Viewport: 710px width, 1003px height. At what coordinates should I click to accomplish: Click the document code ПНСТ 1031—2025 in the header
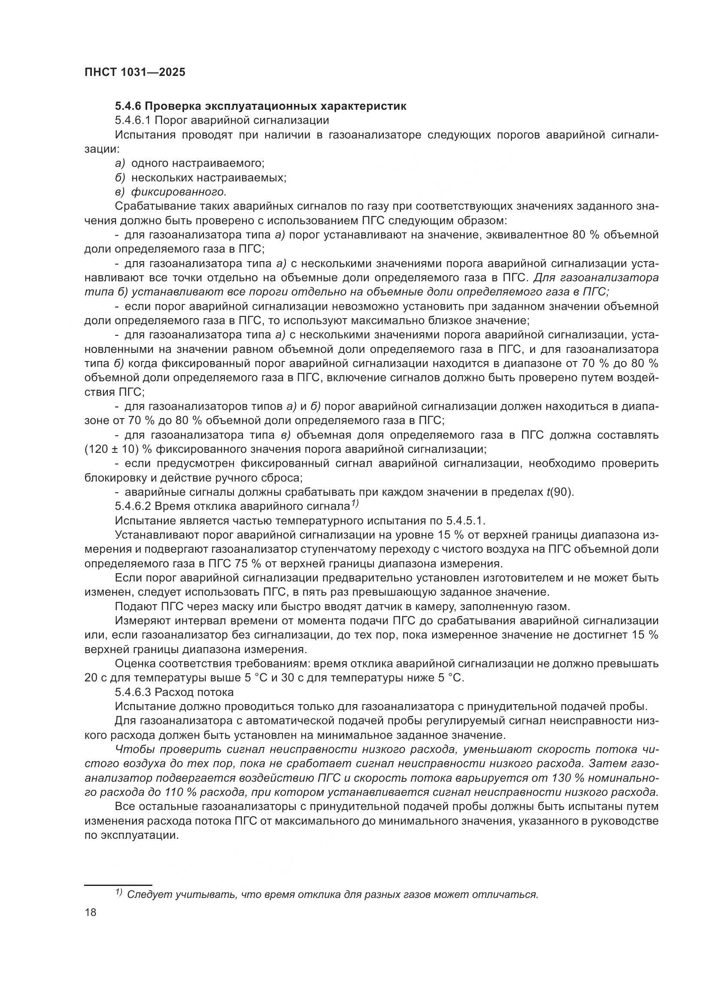(135, 72)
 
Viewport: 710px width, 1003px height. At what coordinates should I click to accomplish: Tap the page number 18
(91, 913)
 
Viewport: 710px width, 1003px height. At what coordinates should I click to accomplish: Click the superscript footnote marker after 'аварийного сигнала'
(354, 504)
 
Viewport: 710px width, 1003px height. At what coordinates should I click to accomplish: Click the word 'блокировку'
(112, 477)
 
